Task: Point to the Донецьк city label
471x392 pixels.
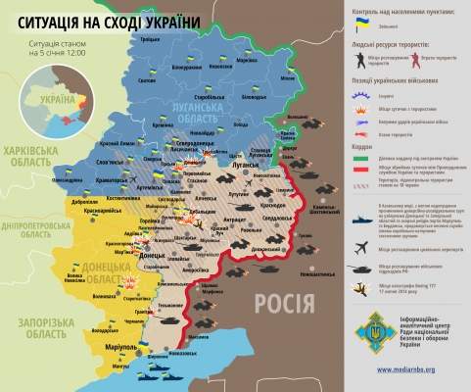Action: pyautogui.click(x=153, y=255)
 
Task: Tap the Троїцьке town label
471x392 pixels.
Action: pyautogui.click(x=149, y=38)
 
